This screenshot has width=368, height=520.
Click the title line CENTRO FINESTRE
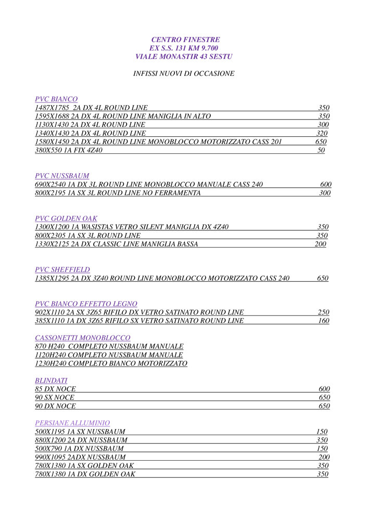pyautogui.click(x=185, y=40)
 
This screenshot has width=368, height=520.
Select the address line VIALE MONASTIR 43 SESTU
pyautogui.click(x=184, y=56)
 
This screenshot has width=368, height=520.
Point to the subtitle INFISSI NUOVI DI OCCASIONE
pyautogui.click(x=184, y=73)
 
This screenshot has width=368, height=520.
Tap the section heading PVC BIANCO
pyautogui.click(x=56, y=99)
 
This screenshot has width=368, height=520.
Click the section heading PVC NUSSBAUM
pyautogui.click(x=62, y=176)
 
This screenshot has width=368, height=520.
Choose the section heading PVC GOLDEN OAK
pyautogui.click(x=66, y=218)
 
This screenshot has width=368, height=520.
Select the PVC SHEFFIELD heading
pyautogui.click(x=62, y=269)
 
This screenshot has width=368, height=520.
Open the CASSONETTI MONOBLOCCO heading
pyautogui.click(x=83, y=337)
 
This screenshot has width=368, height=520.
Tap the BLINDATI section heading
pyautogui.click(x=51, y=380)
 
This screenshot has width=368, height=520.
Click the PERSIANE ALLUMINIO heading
pyautogui.click(x=72, y=423)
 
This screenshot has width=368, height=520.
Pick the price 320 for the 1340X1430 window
pyautogui.click(x=322, y=133)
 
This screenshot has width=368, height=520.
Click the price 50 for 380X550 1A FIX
pyautogui.click(x=321, y=150)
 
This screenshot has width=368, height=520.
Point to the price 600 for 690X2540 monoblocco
pyautogui.click(x=326, y=184)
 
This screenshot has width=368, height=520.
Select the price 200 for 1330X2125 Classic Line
pyautogui.click(x=320, y=244)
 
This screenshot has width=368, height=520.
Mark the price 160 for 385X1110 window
pyautogui.click(x=323, y=321)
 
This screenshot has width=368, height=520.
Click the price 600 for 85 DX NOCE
pyautogui.click(x=324, y=389)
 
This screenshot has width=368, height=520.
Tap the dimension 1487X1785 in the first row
pyautogui.click(x=52, y=108)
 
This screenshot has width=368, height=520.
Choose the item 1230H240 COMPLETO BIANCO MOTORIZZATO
pyautogui.click(x=111, y=363)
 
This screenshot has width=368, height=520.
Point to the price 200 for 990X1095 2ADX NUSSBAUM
pyautogui.click(x=324, y=457)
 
